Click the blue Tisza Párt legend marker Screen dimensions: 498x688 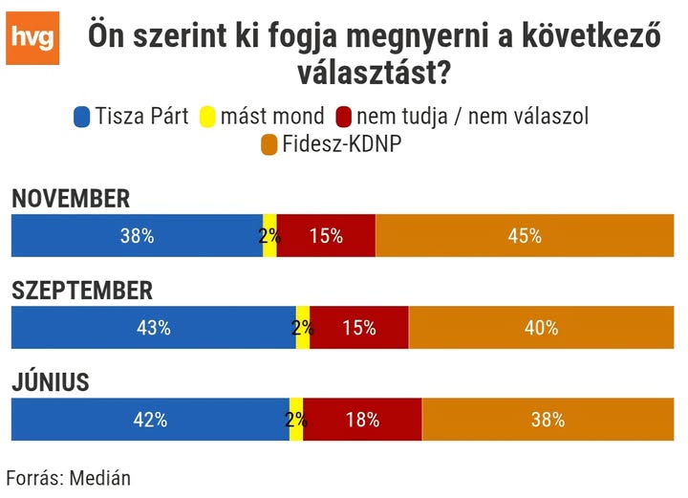coord(81,118)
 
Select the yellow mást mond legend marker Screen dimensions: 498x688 coord(206,118)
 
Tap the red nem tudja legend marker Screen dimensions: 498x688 coord(344,118)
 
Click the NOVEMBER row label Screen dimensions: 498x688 coord(70,199)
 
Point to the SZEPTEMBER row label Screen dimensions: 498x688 coord(82,291)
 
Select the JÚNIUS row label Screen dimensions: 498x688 coord(50,382)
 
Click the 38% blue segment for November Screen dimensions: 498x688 coord(137,236)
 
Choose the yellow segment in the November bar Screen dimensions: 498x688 coord(269,236)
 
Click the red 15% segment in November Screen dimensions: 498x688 coord(326,236)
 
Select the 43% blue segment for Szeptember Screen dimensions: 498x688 coord(153,328)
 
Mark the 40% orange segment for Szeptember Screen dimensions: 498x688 coord(541,328)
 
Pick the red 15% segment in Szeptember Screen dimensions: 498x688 coord(359,328)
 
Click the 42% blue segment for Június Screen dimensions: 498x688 coord(150,420)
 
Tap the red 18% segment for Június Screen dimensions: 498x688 coord(362,420)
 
